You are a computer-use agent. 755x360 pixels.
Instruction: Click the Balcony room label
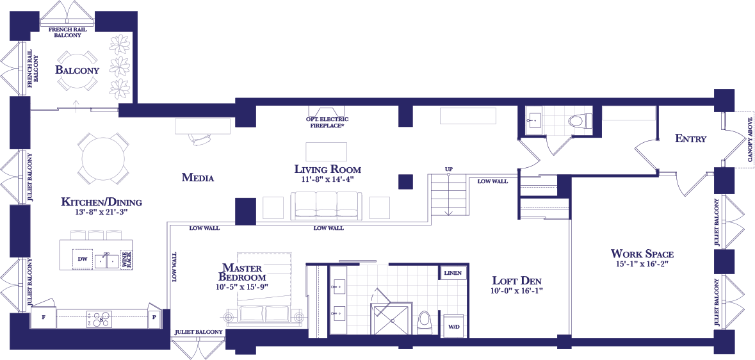tap(77, 70)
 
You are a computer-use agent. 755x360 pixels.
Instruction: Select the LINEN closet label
tap(453, 273)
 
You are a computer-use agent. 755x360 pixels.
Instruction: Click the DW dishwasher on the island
tap(83, 259)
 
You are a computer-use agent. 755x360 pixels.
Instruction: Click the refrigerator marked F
tap(44, 318)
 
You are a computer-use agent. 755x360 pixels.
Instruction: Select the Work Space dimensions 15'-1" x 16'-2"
tap(642, 264)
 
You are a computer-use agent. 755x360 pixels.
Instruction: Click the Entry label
tap(690, 139)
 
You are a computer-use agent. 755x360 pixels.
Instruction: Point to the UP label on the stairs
tap(449, 169)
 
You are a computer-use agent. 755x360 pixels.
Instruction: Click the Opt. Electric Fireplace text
tap(327, 122)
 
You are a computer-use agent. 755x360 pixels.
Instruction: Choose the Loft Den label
tap(519, 281)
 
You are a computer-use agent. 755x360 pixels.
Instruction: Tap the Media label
tap(197, 178)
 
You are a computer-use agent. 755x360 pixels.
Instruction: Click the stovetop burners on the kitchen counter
tap(99, 318)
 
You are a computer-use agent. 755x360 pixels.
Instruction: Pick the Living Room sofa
tap(327, 206)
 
